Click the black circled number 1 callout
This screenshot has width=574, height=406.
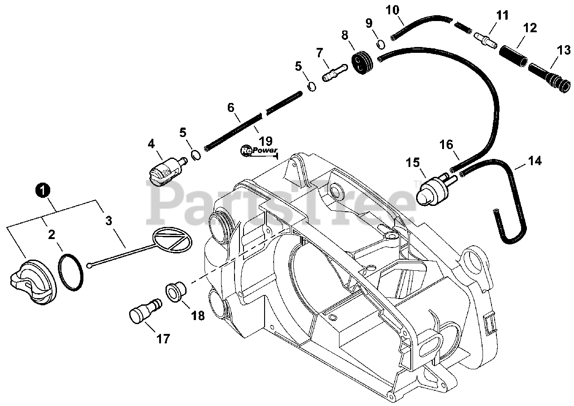[x=43, y=191]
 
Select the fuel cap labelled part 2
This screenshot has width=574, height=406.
[x=32, y=278]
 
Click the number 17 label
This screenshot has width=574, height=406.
[x=164, y=339]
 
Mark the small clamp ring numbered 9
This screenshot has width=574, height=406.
[x=381, y=44]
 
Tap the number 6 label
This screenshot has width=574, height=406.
[x=231, y=107]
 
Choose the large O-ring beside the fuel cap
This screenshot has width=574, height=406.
[x=70, y=273]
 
